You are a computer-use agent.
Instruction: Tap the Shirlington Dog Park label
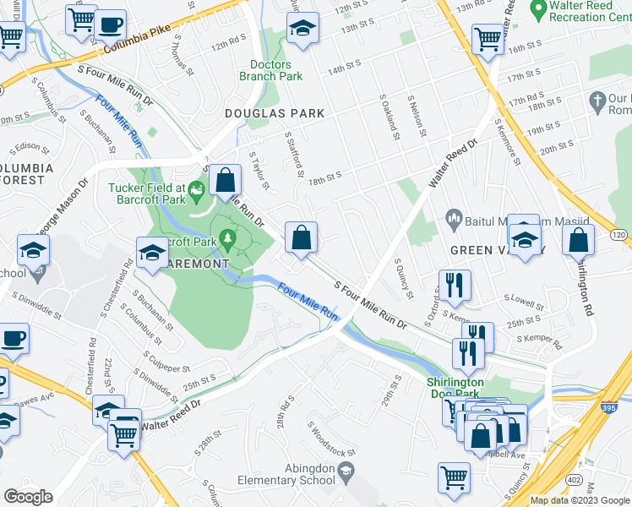[455, 388]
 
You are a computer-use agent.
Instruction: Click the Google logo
[29, 497]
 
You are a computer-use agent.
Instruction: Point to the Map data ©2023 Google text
[580, 500]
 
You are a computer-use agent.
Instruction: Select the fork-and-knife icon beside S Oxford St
[455, 286]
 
